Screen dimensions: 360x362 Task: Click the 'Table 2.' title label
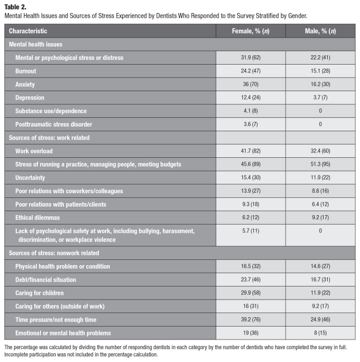[15, 7]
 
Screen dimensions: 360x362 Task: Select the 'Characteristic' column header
[28, 31]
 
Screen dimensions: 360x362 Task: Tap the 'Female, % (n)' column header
[251, 31]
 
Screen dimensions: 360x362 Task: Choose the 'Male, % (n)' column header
[320, 31]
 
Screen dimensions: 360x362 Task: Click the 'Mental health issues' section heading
[35, 44]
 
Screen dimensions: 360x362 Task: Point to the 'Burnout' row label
[25, 71]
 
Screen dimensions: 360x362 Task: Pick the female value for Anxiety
[251, 84]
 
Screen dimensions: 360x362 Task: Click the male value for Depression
[320, 97]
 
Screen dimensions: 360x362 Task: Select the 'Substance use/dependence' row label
[51, 111]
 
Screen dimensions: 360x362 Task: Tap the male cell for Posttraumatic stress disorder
[320, 124]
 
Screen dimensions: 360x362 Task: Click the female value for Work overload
[251, 151]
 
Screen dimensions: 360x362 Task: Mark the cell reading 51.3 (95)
[320, 164]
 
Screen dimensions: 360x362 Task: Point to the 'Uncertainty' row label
[30, 178]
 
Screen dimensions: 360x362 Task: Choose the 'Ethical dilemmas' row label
[37, 218]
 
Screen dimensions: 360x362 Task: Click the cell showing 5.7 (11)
[251, 231]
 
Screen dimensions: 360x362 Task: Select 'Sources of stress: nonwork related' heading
[54, 253]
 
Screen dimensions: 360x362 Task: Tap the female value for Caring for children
[251, 293]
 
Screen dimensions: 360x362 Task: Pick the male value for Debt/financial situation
[320, 279]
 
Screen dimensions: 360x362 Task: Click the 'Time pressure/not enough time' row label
[56, 319]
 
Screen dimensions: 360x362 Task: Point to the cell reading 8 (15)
[320, 333]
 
